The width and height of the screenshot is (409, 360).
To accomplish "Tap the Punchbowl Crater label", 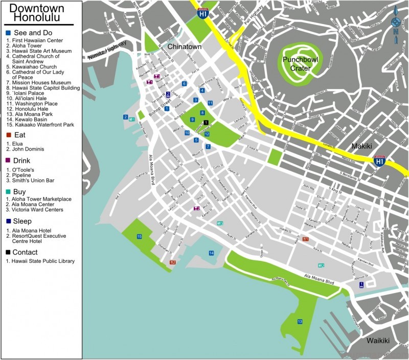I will pyautogui.click(x=297, y=63).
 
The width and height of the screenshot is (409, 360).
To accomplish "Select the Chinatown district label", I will pyautogui.click(x=185, y=47).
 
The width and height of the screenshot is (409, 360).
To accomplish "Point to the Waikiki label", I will pyautogui.click(x=378, y=341).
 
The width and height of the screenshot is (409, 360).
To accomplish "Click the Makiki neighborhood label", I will pyautogui.click(x=363, y=146).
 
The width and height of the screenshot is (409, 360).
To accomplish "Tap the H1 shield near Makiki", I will pyautogui.click(x=379, y=161).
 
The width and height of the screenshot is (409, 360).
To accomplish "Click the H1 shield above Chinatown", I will pyautogui.click(x=203, y=14).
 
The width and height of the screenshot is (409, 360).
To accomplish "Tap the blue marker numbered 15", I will pyautogui.click(x=139, y=236).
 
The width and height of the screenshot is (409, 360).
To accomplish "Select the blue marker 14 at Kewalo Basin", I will pyautogui.click(x=211, y=253).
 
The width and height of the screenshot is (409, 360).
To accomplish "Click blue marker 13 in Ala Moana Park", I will pyautogui.click(x=300, y=321).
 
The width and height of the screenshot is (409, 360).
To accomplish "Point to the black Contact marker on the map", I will pyautogui.click(x=206, y=122).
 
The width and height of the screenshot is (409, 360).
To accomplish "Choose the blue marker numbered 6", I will pyautogui.click(x=185, y=83).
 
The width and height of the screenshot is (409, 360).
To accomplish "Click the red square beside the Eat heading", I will pyautogui.click(x=8, y=134).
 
